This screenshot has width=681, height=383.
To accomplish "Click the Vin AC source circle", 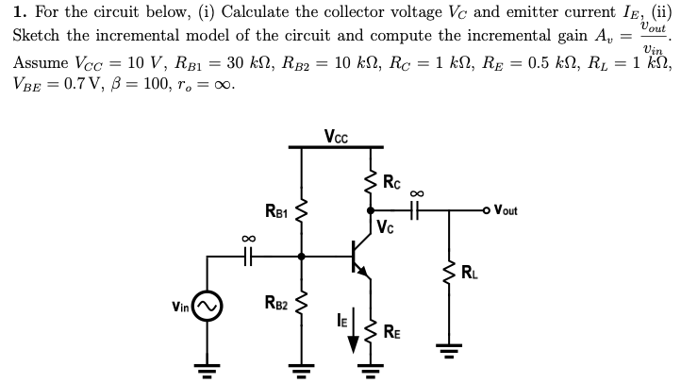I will pyautogui.click(x=208, y=306).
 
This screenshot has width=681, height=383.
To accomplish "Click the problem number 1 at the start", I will pyautogui.click(x=17, y=14).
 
